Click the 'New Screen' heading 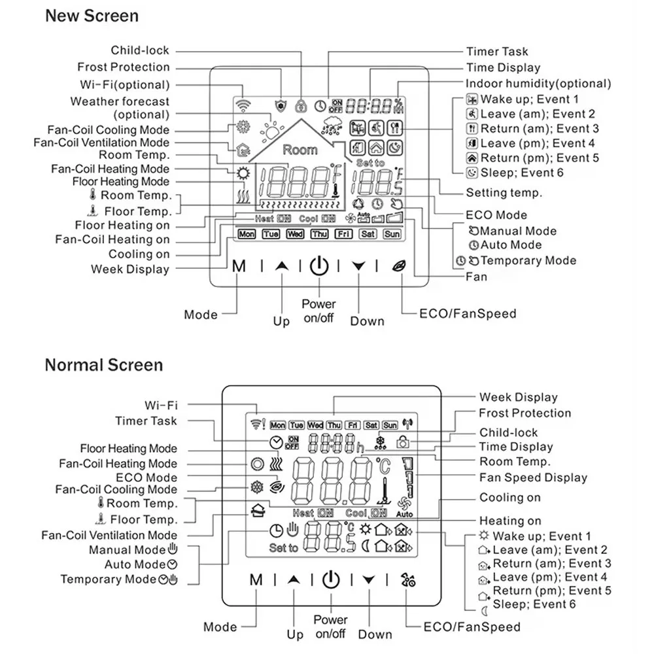click(92, 16)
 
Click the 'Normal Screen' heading click(103, 365)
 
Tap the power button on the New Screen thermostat click(318, 266)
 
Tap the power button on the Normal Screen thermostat click(331, 579)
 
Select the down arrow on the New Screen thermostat click(358, 266)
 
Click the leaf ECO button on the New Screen click(398, 266)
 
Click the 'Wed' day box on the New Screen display click(295, 233)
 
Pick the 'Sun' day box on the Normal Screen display click(390, 425)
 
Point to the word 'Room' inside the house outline click(300, 150)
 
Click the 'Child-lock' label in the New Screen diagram click(140, 50)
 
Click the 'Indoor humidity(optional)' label click(538, 84)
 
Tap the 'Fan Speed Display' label click(533, 478)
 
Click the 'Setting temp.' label click(504, 193)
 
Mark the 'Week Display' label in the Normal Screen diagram click(518, 397)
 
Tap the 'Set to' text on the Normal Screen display click(283, 548)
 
